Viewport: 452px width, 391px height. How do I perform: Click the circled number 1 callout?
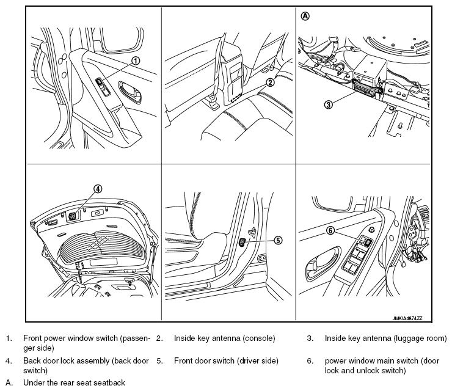click(x=136, y=60)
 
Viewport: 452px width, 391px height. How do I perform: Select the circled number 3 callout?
click(x=328, y=104)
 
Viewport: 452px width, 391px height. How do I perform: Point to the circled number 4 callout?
click(x=97, y=189)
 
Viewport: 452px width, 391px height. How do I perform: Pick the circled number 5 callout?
click(x=279, y=240)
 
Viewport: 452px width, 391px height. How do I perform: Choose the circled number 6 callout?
click(x=330, y=231)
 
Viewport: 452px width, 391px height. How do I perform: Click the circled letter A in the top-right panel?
click(x=305, y=17)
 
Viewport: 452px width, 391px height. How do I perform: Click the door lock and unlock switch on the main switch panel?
click(x=368, y=242)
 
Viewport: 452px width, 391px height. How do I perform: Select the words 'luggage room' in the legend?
click(x=420, y=338)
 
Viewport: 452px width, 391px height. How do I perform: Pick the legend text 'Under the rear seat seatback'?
click(x=74, y=383)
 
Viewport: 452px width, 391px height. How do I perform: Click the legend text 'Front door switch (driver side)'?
click(x=226, y=361)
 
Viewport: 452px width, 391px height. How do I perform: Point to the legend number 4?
click(x=8, y=361)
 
